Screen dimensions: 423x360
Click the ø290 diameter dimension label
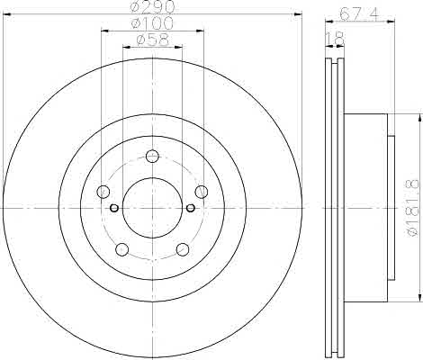coord(153,7)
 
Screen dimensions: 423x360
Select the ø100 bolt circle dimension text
coord(153,23)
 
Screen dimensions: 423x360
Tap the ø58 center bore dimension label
coord(153,40)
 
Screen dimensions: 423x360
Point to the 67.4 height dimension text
coord(359,13)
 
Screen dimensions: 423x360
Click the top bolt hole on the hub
coord(152,156)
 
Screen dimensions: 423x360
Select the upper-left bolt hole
coord(103,192)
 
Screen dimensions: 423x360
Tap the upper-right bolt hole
coord(202,192)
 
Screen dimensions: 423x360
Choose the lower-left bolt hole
coord(122,249)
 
